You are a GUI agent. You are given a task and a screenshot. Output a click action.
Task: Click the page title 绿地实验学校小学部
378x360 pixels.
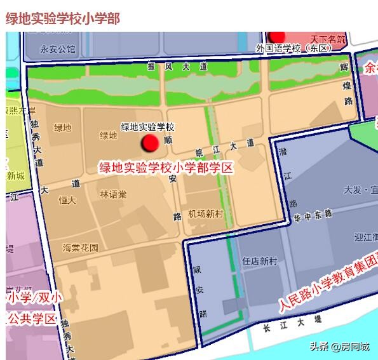[x=63, y=18]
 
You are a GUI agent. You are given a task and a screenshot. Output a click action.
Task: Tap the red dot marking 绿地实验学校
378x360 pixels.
[x=151, y=143]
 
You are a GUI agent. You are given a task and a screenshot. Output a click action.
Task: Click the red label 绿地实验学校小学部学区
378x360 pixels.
[x=166, y=168]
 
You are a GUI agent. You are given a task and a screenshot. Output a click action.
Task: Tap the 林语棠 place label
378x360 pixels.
[x=113, y=194]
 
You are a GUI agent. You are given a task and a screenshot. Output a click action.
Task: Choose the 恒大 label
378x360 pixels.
[x=67, y=200]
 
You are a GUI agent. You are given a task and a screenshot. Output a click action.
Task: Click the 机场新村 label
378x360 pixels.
[x=206, y=214]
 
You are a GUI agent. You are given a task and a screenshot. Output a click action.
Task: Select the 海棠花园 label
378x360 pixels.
[x=80, y=248]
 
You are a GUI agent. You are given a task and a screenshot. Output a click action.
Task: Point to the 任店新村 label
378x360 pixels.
[x=260, y=261]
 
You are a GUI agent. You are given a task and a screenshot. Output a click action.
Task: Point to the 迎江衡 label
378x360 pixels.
[x=365, y=237]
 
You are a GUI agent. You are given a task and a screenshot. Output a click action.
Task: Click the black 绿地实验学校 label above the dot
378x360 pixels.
[x=147, y=127]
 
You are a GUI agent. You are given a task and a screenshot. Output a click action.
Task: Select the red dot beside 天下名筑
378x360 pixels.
[x=277, y=36]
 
